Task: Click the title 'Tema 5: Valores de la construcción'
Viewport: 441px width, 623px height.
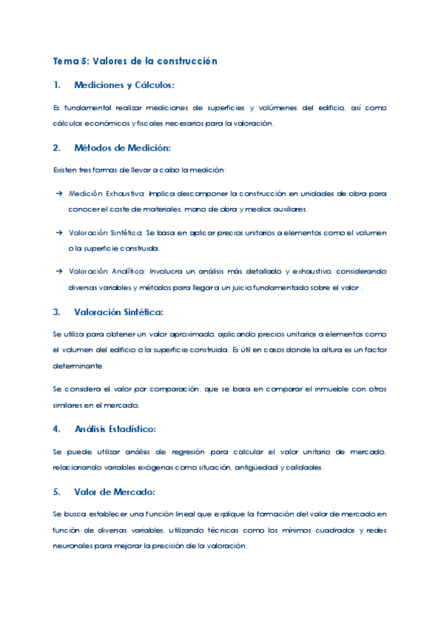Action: pyautogui.click(x=135, y=61)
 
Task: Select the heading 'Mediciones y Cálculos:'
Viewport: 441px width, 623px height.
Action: pyautogui.click(x=124, y=85)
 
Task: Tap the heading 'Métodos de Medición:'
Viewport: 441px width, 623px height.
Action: pyautogui.click(x=122, y=148)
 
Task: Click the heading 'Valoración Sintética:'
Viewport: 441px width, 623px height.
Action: pyautogui.click(x=119, y=312)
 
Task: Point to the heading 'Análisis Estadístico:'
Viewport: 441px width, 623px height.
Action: pyautogui.click(x=115, y=428)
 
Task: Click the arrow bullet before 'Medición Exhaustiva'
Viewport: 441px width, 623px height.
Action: pyautogui.click(x=59, y=194)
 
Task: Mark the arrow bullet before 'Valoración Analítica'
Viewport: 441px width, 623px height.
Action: pyautogui.click(x=59, y=272)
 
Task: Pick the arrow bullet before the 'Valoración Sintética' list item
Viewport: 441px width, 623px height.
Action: pyautogui.click(x=59, y=233)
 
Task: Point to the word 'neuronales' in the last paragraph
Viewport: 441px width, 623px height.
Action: pyautogui.click(x=72, y=546)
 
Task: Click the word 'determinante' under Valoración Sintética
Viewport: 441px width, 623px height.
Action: pyautogui.click(x=78, y=365)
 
